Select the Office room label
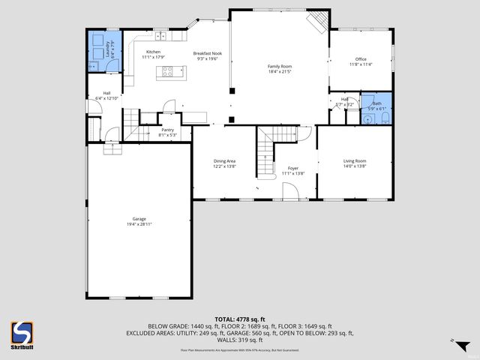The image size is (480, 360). pos(360,58)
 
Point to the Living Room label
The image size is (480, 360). pos(355,161)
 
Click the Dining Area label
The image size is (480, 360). pos(225,161)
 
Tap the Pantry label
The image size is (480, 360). pos(167,130)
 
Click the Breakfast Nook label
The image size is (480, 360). pos(207,53)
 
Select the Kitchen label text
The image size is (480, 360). pos(153,52)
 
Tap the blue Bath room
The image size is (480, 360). pos(376,109)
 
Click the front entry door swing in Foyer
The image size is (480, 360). pos(291,192)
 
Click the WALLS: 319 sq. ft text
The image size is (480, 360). pos(239,339)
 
